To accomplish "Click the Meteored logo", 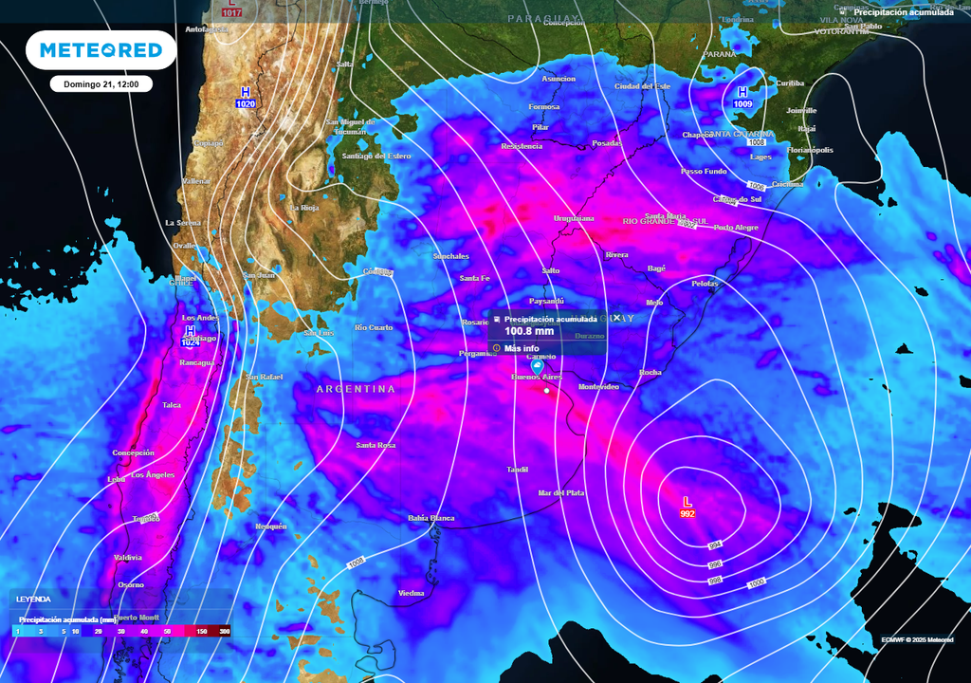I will pos(101,50).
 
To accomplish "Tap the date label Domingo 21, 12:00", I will pos(101,84).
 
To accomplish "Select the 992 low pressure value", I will pos(687,514).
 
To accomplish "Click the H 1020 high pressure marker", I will pos(246,97).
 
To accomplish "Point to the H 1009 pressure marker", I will pos(742,97).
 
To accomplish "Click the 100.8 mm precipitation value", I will pos(529,331).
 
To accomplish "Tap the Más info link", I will pos(522,348).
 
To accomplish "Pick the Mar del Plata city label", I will pos(561,493).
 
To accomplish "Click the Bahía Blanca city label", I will pos(431,518).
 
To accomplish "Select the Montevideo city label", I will pos(598,386).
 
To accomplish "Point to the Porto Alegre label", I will pos(736,228).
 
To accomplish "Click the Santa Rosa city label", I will pos(376,445).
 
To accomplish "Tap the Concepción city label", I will pos(133,452).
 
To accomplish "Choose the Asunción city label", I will pos(559,79).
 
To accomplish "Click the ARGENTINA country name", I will pos(356,389).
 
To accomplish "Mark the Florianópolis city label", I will pos(810,150).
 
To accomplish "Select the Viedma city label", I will pos(411,593).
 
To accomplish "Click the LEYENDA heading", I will pos(33,600).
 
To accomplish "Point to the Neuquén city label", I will pos(270,526).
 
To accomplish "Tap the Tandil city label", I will pos(517,470).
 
